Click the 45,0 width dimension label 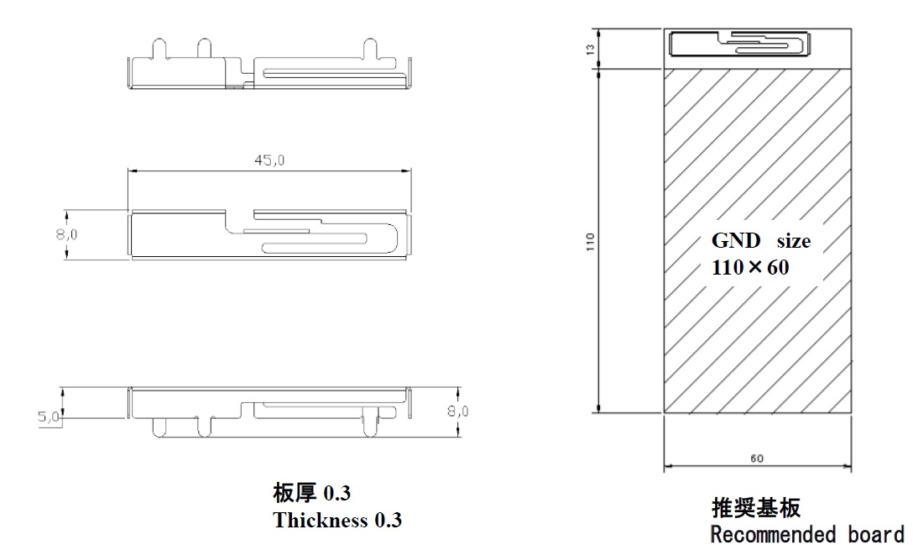point(269,161)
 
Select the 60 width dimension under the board point(758,459)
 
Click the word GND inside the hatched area point(736,241)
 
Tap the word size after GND point(793,242)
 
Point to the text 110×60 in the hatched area point(751,267)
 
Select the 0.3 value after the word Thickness point(388,521)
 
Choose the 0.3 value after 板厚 point(337,494)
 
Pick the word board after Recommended point(876,534)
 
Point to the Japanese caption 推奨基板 point(756,508)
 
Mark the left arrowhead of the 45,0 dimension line point(132,172)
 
